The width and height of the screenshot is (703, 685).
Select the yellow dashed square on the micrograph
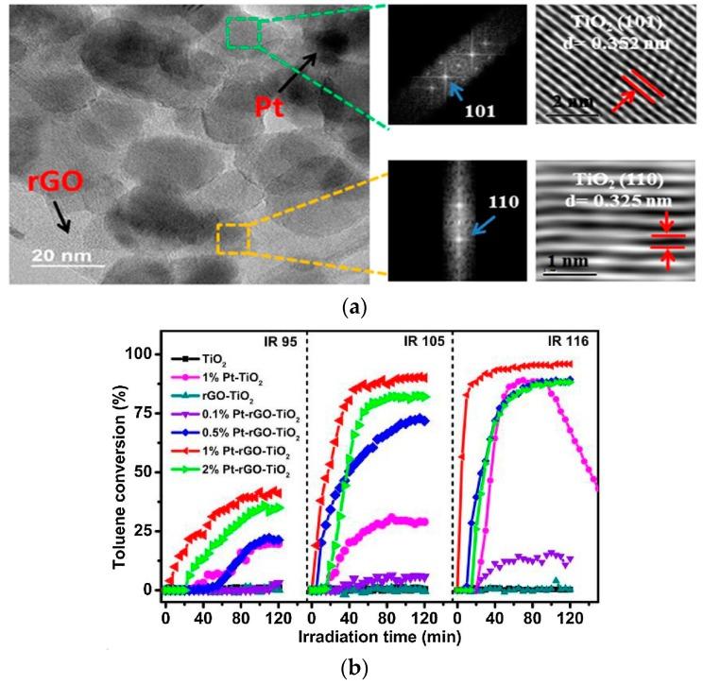(x=232, y=238)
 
